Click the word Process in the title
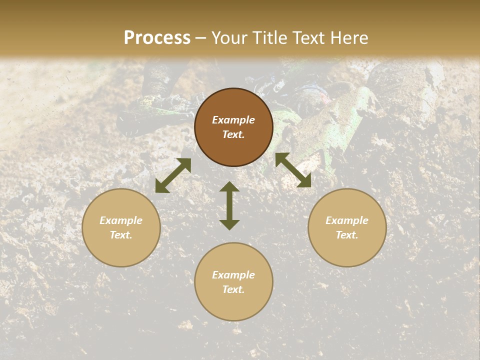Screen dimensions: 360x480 (157, 38)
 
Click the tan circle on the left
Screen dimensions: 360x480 (121, 227)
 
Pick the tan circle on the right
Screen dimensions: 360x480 (347, 227)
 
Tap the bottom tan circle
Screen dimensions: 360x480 (233, 281)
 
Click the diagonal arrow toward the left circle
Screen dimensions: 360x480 (173, 175)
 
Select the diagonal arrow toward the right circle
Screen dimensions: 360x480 (293, 170)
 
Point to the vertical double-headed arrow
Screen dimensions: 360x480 (229, 205)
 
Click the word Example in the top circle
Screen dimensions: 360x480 (233, 120)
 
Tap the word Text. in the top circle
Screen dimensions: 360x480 (233, 134)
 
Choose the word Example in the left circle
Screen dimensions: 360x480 (121, 220)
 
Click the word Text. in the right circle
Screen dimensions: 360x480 (347, 235)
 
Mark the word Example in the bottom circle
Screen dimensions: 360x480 (233, 275)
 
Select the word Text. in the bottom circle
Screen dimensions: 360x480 (233, 289)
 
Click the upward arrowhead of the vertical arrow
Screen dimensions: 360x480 (229, 186)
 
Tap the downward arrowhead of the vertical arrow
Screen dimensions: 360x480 (229, 224)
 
